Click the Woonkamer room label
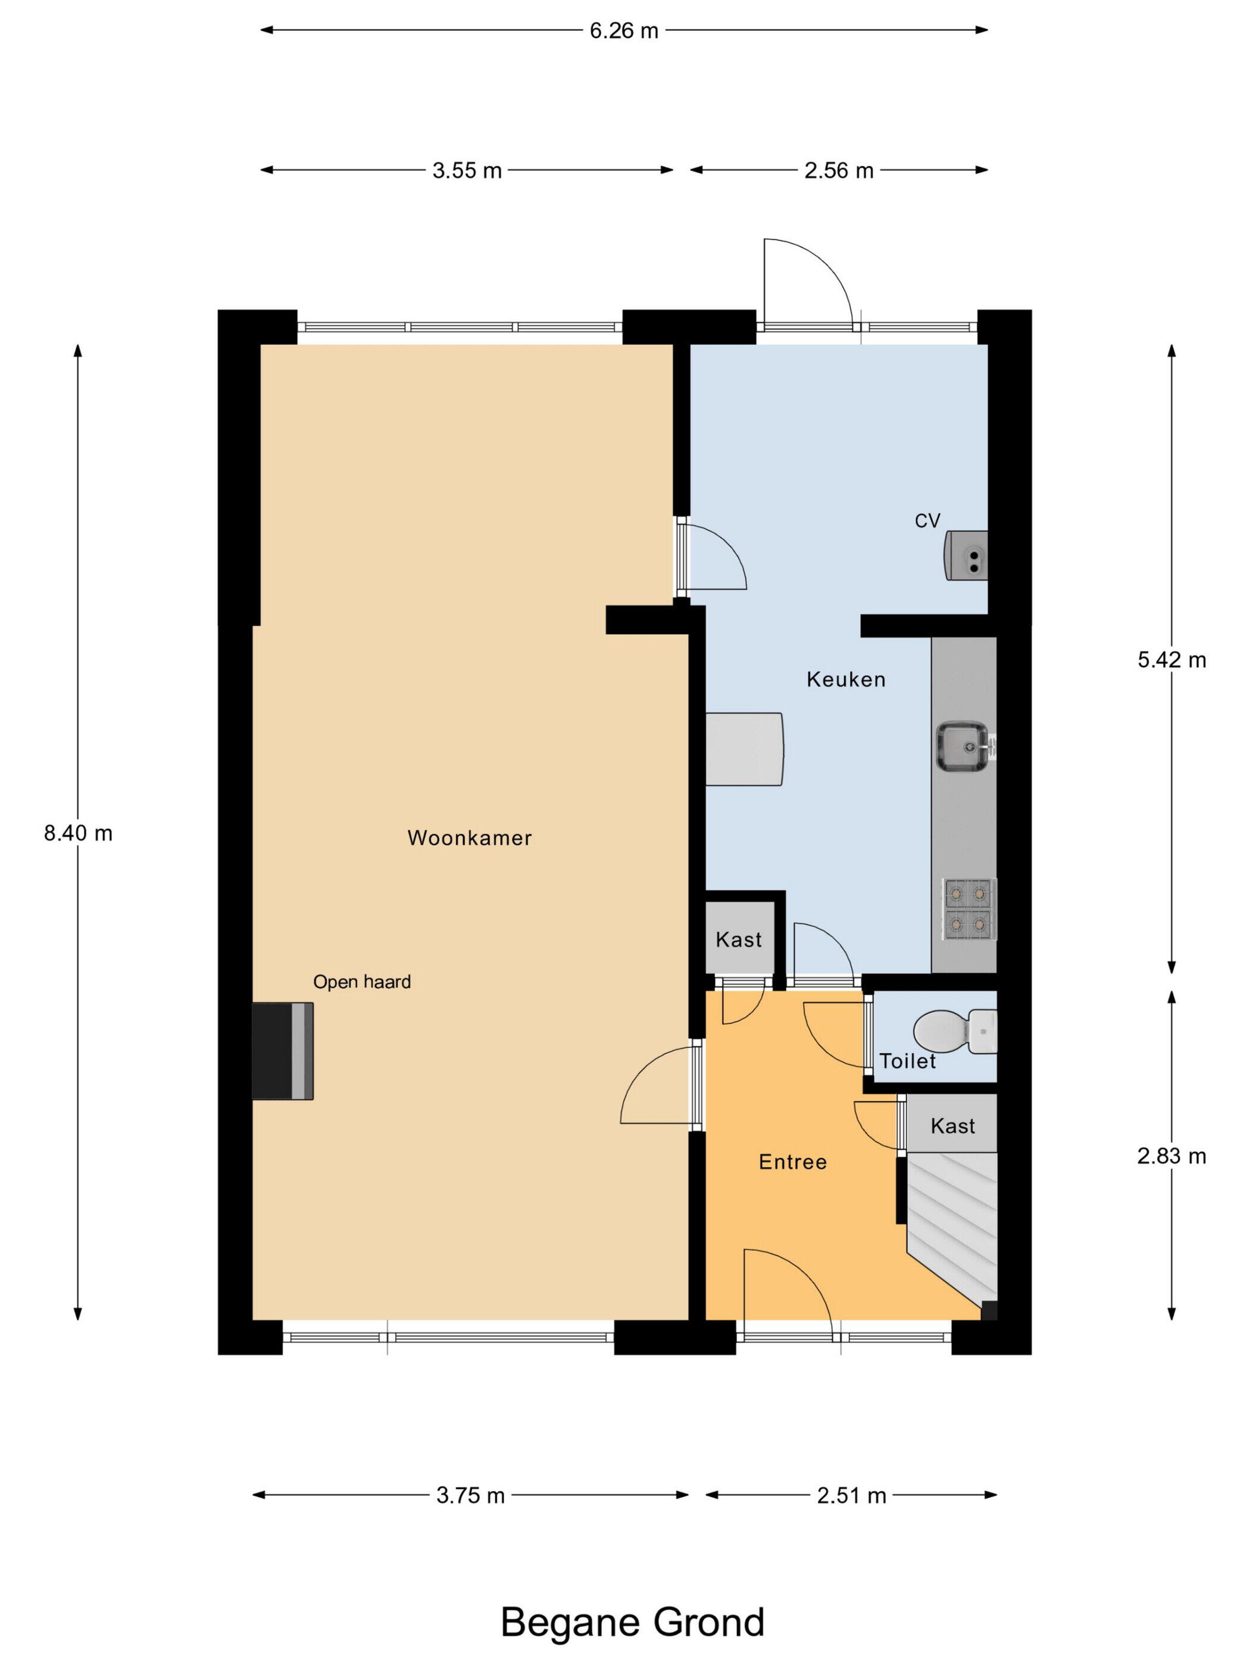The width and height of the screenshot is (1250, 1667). (470, 838)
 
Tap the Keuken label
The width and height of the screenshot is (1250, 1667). (845, 680)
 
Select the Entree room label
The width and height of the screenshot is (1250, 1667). (793, 1162)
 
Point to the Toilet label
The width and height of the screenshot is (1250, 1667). (907, 1061)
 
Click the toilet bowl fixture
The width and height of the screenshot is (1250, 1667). (955, 1032)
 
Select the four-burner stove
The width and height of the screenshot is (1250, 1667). (969, 909)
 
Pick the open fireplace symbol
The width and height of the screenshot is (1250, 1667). (283, 1051)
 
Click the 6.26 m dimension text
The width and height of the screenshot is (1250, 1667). (624, 31)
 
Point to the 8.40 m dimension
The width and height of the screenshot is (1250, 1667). (79, 833)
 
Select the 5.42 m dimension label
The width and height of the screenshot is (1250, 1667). (1171, 660)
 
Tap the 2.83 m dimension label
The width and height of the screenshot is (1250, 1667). (1171, 1156)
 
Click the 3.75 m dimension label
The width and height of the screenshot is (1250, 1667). (470, 1496)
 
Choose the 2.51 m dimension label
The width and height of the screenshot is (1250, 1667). (851, 1496)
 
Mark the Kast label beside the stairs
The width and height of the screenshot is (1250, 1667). (952, 1126)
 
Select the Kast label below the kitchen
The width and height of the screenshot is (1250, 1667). (739, 939)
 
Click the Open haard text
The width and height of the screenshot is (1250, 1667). (362, 982)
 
